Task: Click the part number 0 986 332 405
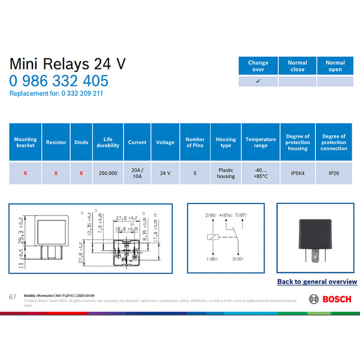tap(59, 81)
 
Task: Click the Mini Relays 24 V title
tap(68, 64)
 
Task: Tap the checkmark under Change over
tap(258, 80)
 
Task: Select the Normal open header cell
tap(335, 66)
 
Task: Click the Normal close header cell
tap(297, 66)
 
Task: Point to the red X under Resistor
tap(56, 173)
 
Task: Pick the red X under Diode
tap(81, 173)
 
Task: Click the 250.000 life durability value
tap(108, 173)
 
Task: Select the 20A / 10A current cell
tap(137, 173)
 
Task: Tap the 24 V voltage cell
tap(165, 173)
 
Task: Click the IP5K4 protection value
tap(298, 173)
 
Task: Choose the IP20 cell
tap(334, 173)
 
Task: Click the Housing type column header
tap(226, 142)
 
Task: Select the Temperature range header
tap(260, 142)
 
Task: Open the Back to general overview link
tap(317, 281)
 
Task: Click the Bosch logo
tap(329, 299)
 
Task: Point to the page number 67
tap(13, 297)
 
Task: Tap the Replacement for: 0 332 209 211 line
tap(56, 94)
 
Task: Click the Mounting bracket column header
tap(25, 142)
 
